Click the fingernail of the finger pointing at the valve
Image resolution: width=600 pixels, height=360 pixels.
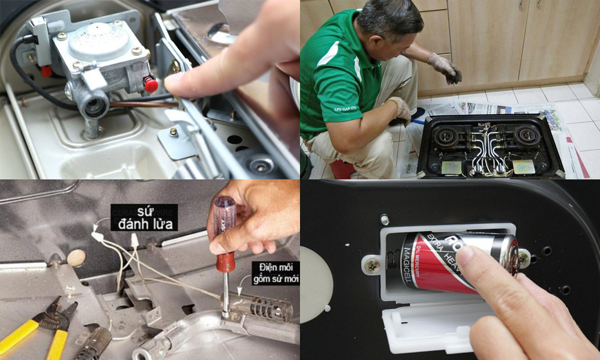coord(174,83)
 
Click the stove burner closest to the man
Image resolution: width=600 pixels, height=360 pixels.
coord(447,137)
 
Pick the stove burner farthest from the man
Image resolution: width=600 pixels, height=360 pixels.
coord(527,135)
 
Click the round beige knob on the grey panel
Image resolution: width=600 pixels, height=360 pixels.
coord(76,258)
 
